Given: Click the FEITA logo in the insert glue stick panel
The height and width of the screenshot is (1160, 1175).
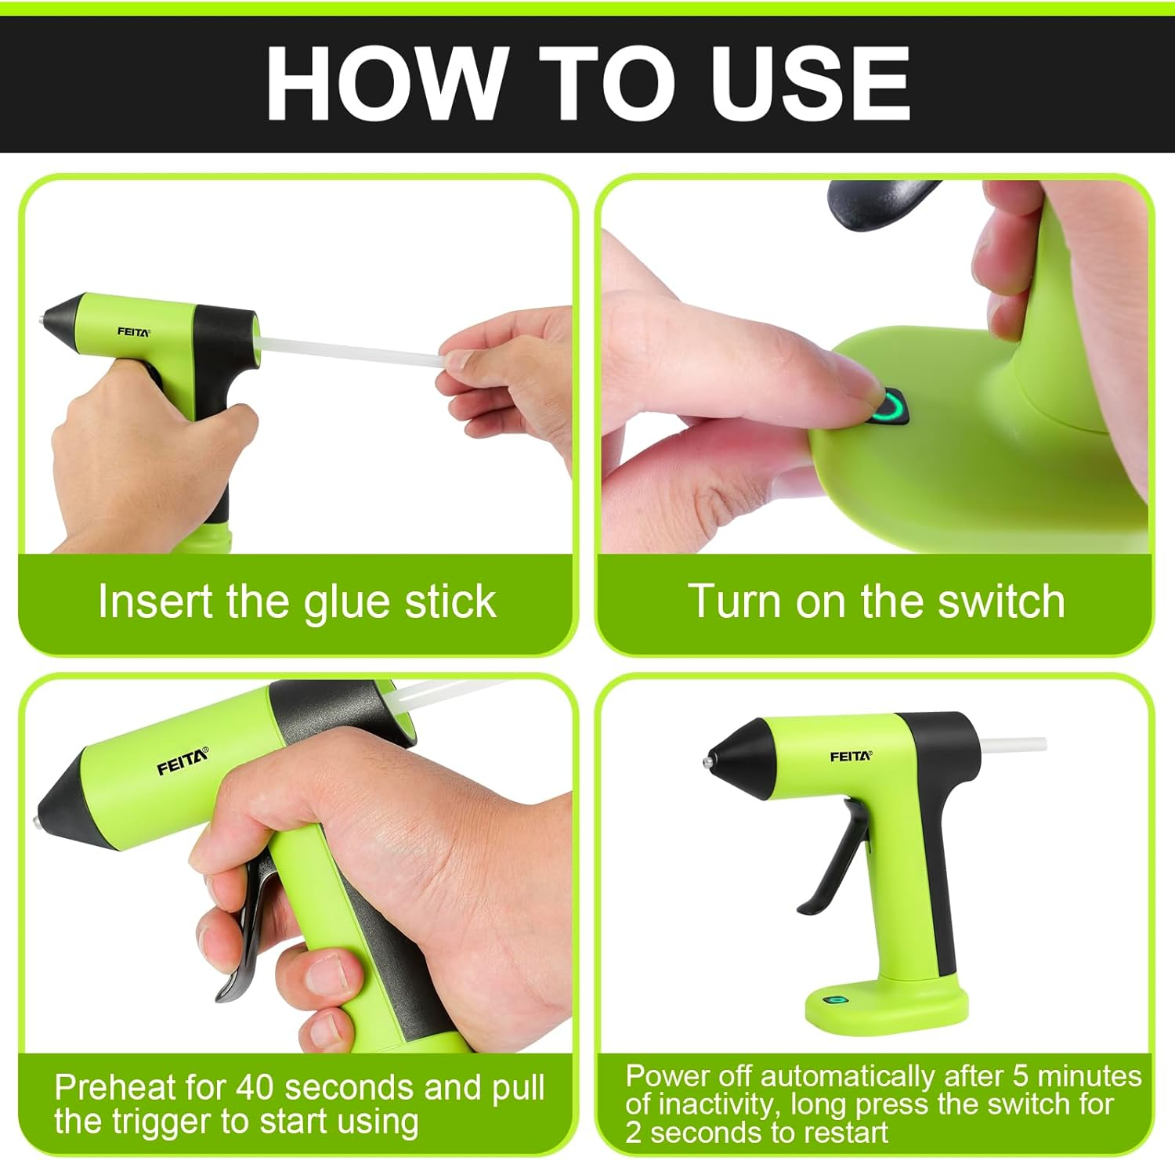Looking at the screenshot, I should (133, 331).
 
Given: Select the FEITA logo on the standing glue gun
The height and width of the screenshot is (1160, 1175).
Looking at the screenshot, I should (850, 756).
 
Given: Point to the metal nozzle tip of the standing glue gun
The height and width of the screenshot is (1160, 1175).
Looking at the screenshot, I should (707, 761).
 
